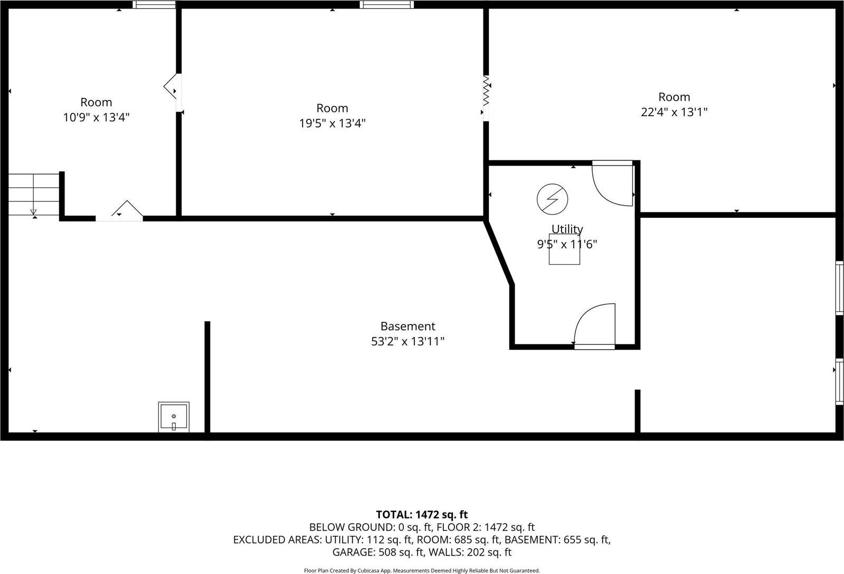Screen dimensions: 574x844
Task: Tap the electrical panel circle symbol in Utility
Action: [553, 199]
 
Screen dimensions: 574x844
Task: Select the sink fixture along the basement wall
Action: [174, 417]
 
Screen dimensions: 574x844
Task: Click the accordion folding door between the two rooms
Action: [486, 91]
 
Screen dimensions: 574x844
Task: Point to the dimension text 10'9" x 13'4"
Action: [96, 117]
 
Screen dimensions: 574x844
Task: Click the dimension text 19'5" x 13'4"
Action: [332, 123]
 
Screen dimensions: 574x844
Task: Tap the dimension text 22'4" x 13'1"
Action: [674, 112]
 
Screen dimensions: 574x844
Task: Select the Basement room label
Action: [407, 327]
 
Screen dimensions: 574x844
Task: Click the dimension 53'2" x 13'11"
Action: [407, 341]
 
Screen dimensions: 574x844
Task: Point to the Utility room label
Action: [567, 229]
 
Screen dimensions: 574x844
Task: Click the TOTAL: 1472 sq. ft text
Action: [421, 514]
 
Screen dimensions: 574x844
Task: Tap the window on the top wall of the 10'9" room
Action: [154, 5]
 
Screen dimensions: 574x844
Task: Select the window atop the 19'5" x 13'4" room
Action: [387, 5]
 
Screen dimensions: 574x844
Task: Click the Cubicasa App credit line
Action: [421, 570]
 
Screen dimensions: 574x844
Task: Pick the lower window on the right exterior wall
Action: [839, 381]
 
